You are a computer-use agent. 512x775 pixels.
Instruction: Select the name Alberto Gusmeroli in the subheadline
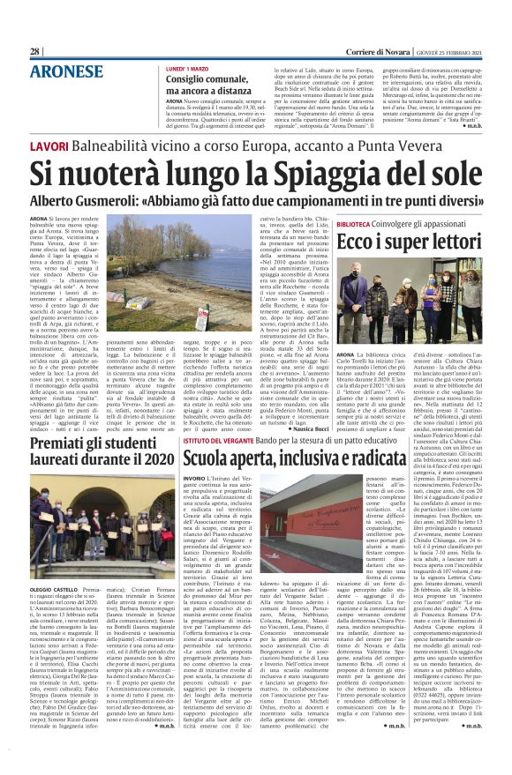coord(99,201)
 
